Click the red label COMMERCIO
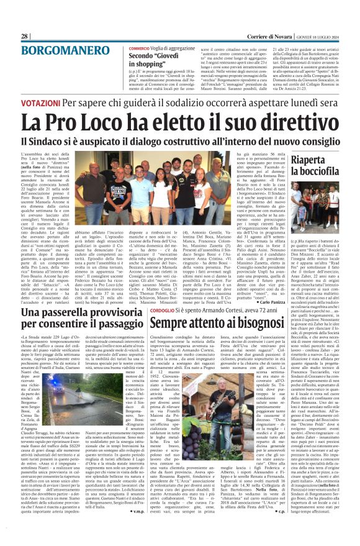[140, 48]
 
